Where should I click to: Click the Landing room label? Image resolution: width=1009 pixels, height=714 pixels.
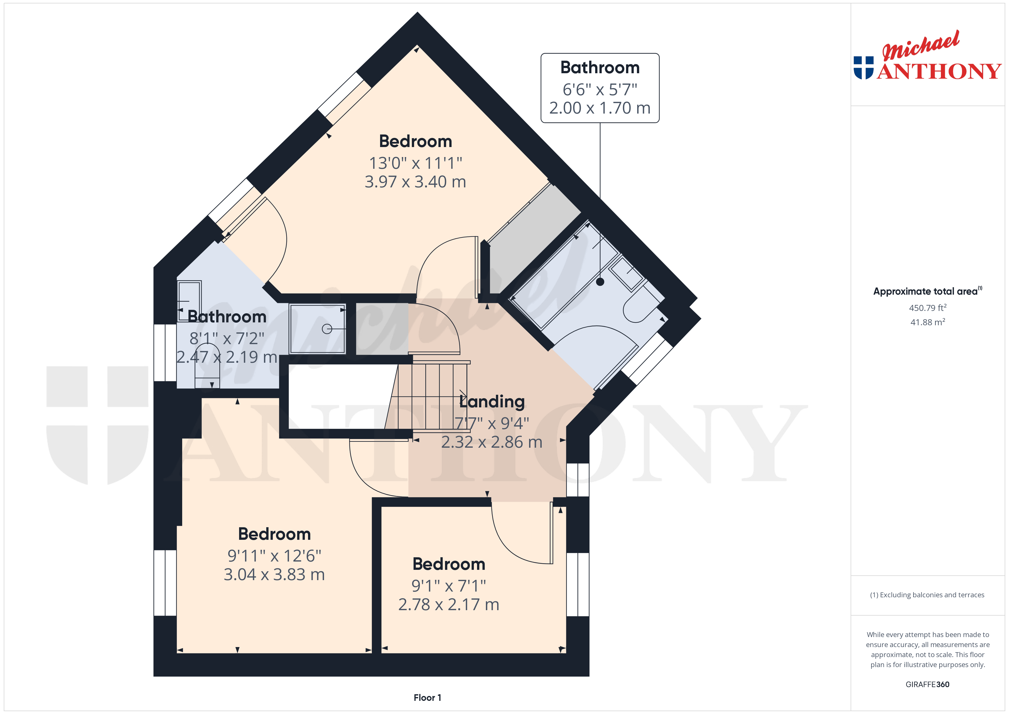tap(492, 401)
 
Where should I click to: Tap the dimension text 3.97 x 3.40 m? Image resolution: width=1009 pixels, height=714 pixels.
tap(415, 182)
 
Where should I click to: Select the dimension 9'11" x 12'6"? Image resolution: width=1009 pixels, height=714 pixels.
tap(274, 556)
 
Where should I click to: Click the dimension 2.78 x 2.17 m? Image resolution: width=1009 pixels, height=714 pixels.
tap(449, 604)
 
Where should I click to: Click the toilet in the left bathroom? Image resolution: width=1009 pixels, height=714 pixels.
tap(207, 366)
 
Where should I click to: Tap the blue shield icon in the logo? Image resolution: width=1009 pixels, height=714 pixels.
tap(863, 68)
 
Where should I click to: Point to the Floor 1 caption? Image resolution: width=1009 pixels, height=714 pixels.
tap(427, 698)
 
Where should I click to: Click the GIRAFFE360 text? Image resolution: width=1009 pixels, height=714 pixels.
tap(927, 685)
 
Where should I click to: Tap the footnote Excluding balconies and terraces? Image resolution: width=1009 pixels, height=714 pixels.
tap(927, 595)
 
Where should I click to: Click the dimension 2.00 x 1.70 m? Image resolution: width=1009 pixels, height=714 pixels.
tap(600, 108)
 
